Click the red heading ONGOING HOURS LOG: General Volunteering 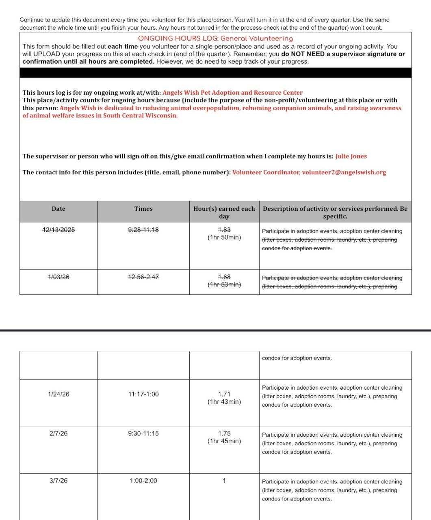pyautogui.click(x=215, y=39)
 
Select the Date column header pyautogui.click(x=58, y=209)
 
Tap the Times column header pyautogui.click(x=143, y=209)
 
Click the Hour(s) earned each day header pyautogui.click(x=224, y=212)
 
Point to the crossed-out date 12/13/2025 pyautogui.click(x=58, y=230)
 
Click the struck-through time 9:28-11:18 pyautogui.click(x=143, y=230)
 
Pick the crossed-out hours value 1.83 pyautogui.click(x=224, y=230)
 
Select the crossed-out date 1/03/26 pyautogui.click(x=58, y=277)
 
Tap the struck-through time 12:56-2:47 pyautogui.click(x=143, y=277)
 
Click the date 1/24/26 pyautogui.click(x=58, y=394)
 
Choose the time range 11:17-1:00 pyautogui.click(x=143, y=394)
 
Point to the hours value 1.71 pyautogui.click(x=224, y=394)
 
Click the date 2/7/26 pyautogui.click(x=58, y=434)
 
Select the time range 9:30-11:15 pyautogui.click(x=143, y=434)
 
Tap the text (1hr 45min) pyautogui.click(x=224, y=441)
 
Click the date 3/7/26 pyautogui.click(x=58, y=481)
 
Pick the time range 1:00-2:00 pyautogui.click(x=143, y=481)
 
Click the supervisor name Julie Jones pyautogui.click(x=351, y=156)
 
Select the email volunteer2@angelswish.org pyautogui.click(x=344, y=172)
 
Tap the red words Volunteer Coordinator pyautogui.click(x=266, y=172)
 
